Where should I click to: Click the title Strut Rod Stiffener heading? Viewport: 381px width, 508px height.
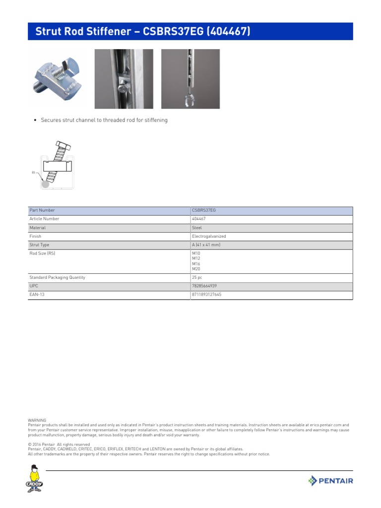[x=143, y=32]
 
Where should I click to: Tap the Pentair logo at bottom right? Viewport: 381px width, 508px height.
[x=330, y=480]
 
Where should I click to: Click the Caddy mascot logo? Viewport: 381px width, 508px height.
[x=34, y=479]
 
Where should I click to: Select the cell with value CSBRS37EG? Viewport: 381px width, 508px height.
[x=204, y=210]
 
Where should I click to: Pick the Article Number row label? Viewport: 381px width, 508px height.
[x=44, y=219]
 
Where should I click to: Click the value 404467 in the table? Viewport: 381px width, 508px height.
[x=199, y=219]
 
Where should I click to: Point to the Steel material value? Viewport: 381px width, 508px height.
[x=197, y=228]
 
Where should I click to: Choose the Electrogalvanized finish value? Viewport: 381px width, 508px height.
[x=208, y=237]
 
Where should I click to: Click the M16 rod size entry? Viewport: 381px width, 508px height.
[x=196, y=264]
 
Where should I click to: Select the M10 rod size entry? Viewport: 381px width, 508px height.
[x=196, y=254]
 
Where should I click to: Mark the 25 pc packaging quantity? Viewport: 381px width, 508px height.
[x=197, y=278]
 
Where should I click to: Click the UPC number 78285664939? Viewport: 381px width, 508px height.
[x=204, y=286]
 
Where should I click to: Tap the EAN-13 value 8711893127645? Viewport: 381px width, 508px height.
[x=206, y=295]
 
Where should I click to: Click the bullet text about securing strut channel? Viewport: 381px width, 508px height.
[x=104, y=120]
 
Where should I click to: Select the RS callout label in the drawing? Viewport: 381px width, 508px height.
[x=33, y=173]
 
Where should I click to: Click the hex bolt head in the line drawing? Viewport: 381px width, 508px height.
[x=63, y=146]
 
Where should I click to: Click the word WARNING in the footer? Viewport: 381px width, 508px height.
[x=37, y=420]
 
